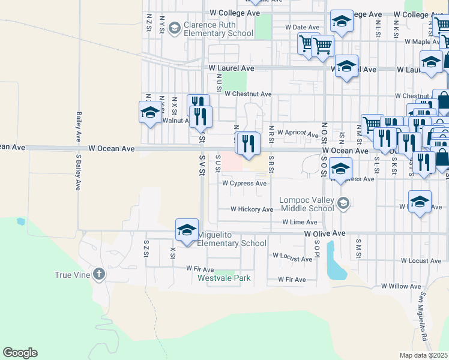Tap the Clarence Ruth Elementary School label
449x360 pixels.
pyautogui.click(x=218, y=29)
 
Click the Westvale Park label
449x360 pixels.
pyautogui.click(x=224, y=278)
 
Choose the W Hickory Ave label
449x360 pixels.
pyautogui.click(x=252, y=209)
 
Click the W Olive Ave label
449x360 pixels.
pyautogui.click(x=325, y=233)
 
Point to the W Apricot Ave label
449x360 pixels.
pyautogui.click(x=297, y=133)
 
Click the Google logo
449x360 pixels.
pyautogui.click(x=20, y=353)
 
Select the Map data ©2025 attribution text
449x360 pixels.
pyautogui.click(x=424, y=355)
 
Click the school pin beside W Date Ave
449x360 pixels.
pyautogui.click(x=342, y=22)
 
